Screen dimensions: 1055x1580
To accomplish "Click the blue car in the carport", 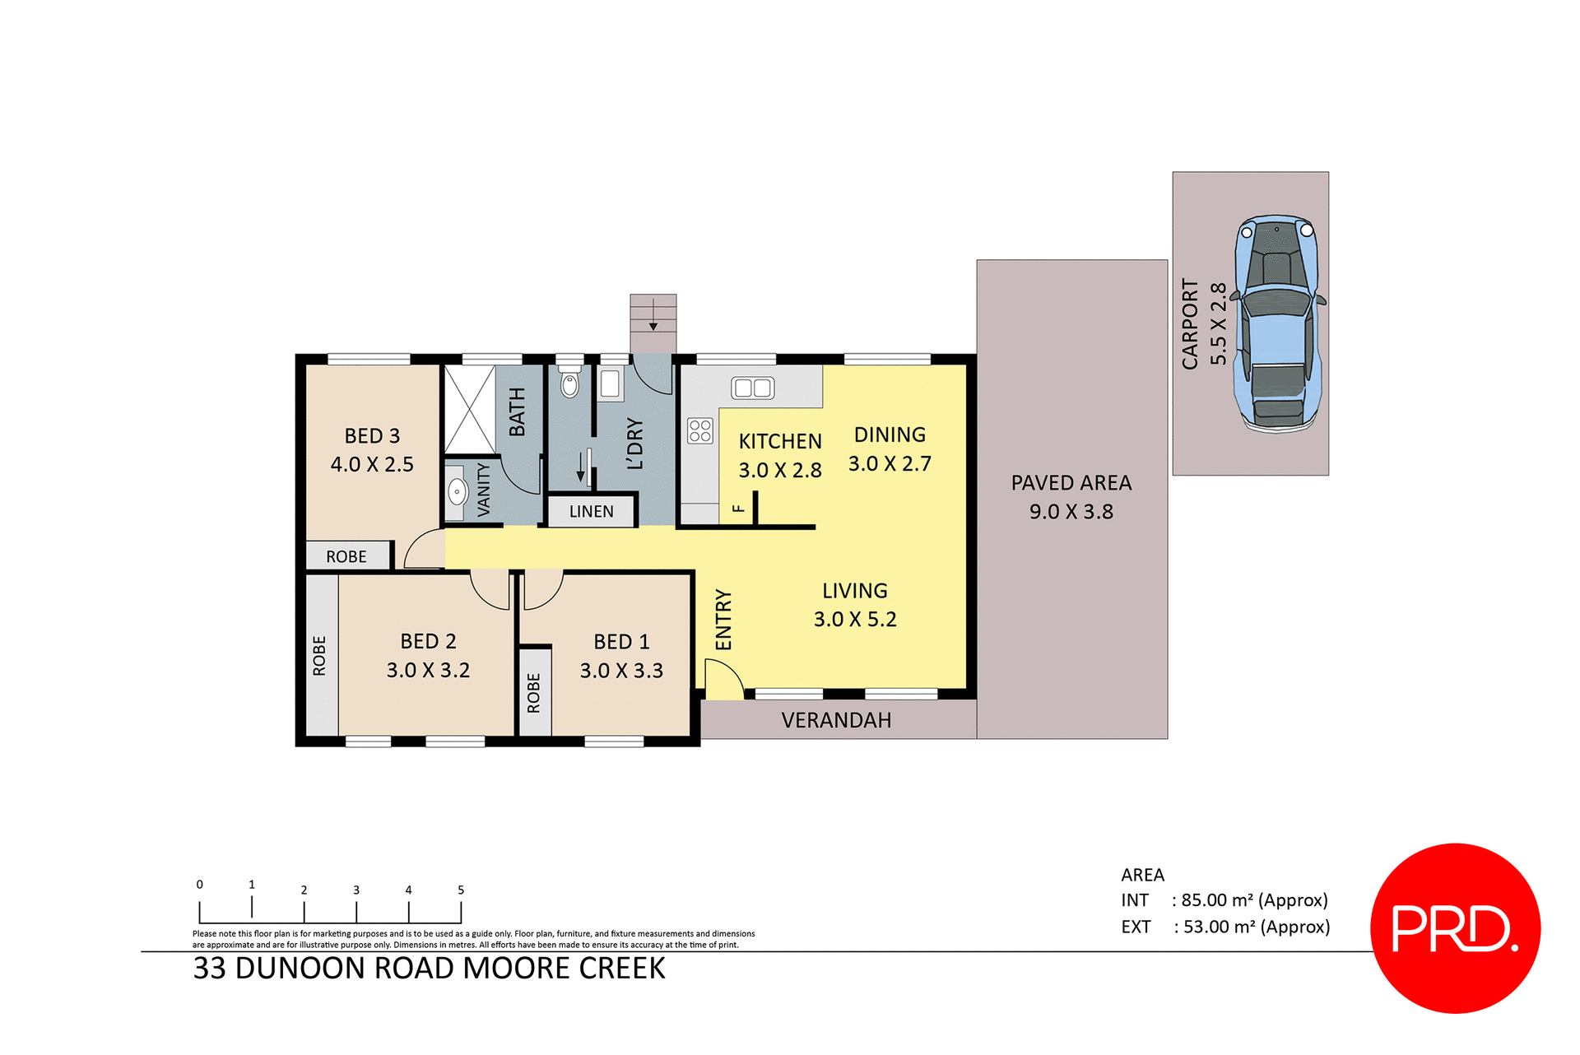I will pos(1276,323).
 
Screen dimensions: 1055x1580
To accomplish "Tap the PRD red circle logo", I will pos(1455,927).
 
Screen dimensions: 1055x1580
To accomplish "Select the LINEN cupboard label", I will pos(591,511).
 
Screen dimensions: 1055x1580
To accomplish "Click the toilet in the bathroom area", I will pos(569,383).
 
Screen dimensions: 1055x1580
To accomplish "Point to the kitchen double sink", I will pos(753,388).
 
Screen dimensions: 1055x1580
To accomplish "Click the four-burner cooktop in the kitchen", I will pos(700,430).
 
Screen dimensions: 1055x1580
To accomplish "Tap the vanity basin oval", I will pos(457,492).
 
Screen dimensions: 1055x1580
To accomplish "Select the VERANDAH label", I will pos(836,720).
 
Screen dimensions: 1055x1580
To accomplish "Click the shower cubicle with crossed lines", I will pos(470,410).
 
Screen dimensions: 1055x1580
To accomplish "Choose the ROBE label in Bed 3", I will pos(346,557).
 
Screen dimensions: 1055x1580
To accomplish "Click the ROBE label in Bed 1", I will pos(534,692).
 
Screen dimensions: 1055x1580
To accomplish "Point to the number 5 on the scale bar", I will pos(461,890).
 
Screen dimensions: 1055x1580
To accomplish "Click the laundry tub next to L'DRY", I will pos(610,384).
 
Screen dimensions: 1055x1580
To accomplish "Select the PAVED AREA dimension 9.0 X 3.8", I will pos(1071,512).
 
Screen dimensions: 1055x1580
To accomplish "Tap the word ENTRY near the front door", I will pos(723,619).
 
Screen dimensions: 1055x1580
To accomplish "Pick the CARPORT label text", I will pos(1190,323).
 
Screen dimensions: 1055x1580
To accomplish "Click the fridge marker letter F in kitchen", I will pos(739,509).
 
